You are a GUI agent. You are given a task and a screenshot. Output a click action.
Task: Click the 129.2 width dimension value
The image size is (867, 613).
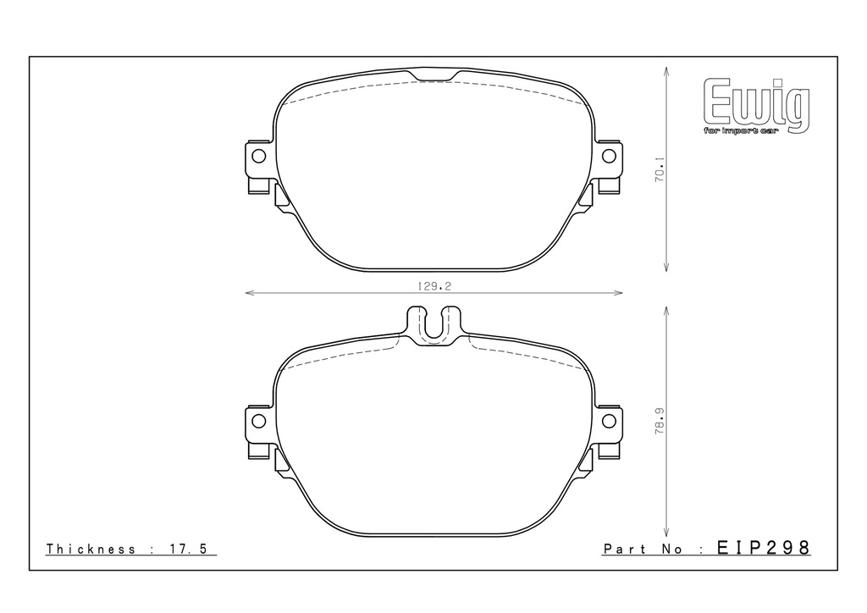434,286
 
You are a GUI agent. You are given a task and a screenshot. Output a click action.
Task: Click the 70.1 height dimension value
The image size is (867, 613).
660,169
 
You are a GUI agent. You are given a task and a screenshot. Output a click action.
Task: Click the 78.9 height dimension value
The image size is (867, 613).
660,421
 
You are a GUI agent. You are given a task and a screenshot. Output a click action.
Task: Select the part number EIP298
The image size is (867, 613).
764,548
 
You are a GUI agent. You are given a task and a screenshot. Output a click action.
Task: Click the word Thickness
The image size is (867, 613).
91,549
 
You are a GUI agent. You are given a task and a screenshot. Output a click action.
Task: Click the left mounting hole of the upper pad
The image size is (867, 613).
258,156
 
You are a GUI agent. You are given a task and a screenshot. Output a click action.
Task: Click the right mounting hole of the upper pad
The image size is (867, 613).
609,156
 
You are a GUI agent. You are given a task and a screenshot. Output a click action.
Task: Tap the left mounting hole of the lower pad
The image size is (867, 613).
258,421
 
